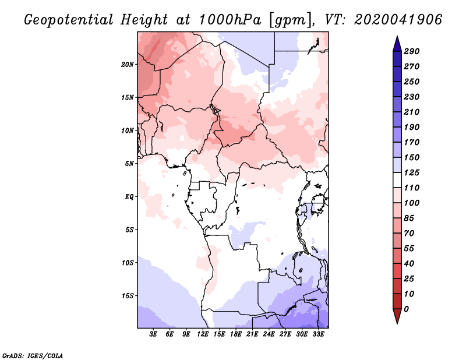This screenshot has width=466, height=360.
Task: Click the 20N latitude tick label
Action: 128,64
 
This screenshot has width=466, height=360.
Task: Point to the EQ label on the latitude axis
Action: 129,197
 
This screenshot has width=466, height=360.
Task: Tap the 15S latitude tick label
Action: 128,296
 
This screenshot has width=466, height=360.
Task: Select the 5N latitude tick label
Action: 129,164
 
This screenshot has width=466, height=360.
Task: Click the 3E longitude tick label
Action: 154,334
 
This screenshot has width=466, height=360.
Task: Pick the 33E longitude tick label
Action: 319,334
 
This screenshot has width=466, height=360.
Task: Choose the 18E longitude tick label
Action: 236,334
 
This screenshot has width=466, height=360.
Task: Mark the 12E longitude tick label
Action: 203,334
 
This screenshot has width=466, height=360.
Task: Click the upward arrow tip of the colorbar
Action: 396,37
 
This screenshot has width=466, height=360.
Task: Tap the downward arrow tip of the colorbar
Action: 396,322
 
